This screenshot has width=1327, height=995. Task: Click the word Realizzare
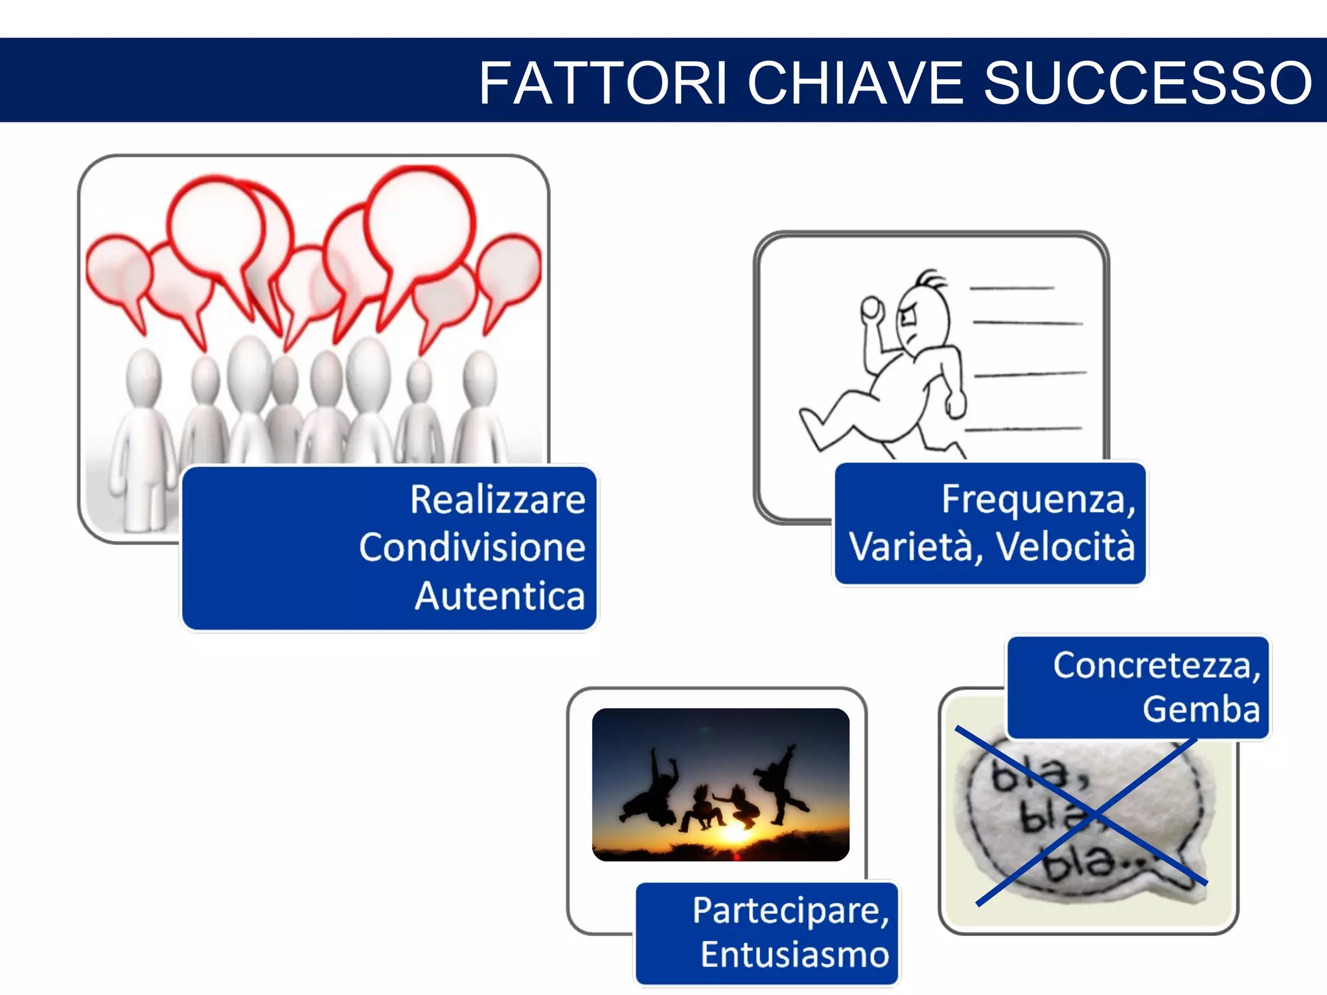click(498, 500)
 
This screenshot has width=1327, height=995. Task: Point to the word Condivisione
click(472, 548)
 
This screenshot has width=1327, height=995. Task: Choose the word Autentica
click(500, 596)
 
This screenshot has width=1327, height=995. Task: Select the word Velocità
click(1065, 547)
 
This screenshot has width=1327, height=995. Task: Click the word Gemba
click(1201, 709)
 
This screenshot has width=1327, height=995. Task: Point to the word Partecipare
click(790, 911)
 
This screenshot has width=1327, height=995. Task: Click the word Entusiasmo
click(795, 955)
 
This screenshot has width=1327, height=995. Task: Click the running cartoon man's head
click(923, 317)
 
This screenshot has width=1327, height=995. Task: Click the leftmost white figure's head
click(143, 376)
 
